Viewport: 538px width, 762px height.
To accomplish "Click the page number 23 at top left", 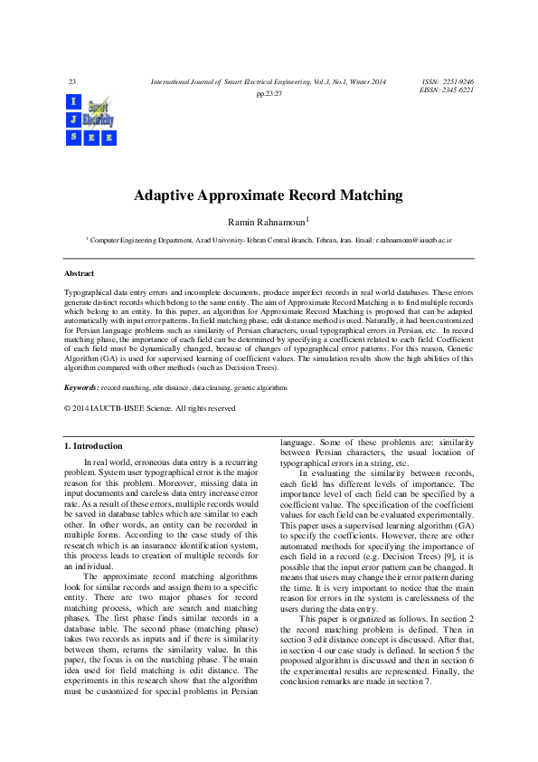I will (71, 82).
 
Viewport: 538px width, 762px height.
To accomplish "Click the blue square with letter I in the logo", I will (72, 100).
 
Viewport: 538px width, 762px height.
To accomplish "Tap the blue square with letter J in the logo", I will (72, 119).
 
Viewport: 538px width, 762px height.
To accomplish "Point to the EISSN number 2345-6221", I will (456, 90).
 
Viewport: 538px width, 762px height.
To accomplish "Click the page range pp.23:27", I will (269, 93).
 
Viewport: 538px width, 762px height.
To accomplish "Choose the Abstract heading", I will (79, 273).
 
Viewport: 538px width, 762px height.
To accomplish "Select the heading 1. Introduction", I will (93, 446).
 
